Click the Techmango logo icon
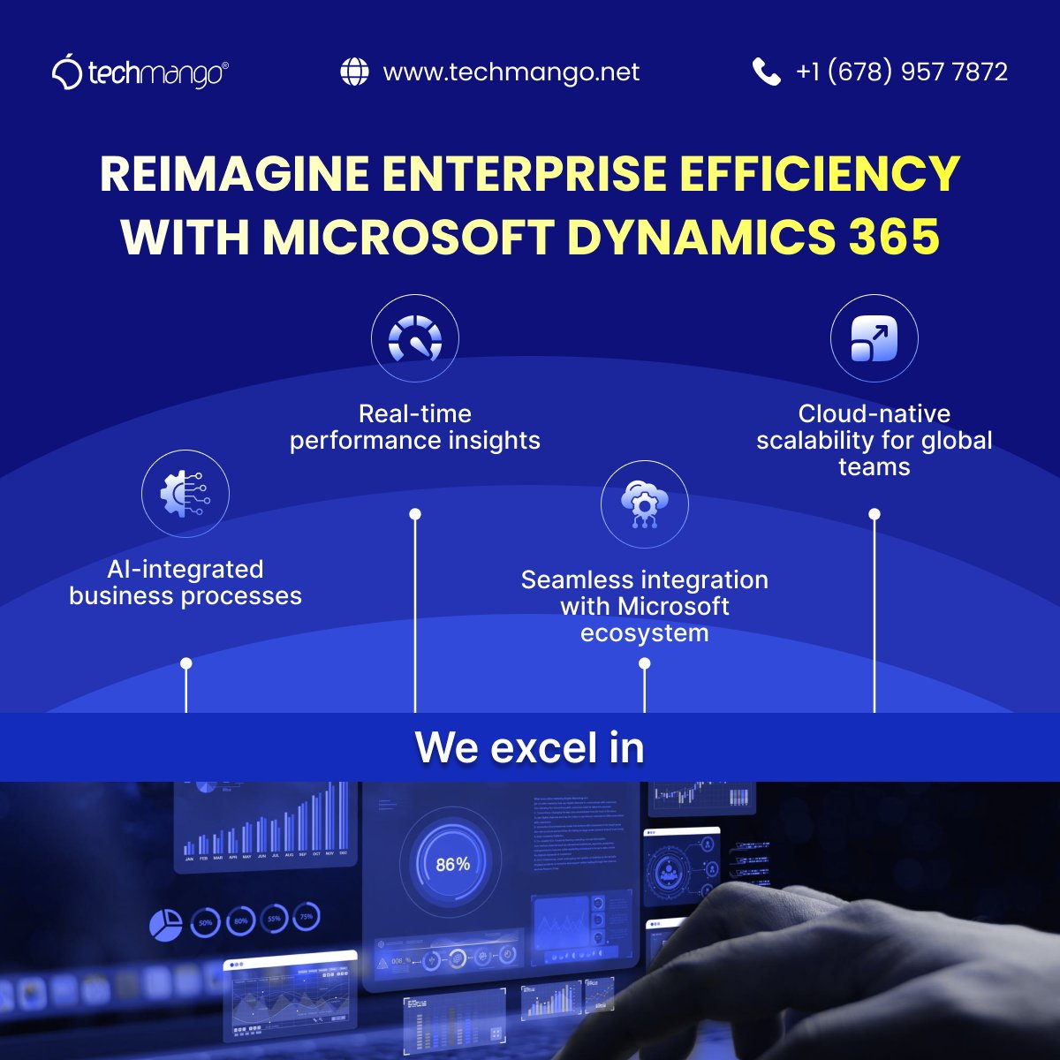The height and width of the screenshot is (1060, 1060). coord(67,72)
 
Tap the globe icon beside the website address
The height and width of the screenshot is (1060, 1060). coord(354,72)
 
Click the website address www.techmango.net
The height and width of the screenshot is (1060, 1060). coord(511,72)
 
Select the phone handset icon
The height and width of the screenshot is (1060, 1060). coord(766,72)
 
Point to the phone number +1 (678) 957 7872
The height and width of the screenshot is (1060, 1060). coord(902,72)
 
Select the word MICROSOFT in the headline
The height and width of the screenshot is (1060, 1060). coord(407,237)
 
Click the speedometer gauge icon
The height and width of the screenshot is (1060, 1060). coord(415,338)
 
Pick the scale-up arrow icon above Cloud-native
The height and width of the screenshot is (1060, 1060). coord(874,338)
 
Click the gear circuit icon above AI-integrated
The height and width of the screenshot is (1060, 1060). coord(185,494)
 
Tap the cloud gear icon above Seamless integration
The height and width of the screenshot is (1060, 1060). coord(644,504)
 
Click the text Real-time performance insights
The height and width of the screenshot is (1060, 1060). coord(415,428)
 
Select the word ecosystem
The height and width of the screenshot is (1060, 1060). coord(645,633)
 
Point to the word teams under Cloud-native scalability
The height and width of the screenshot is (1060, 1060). coord(874,467)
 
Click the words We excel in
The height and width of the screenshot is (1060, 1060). coord(530,747)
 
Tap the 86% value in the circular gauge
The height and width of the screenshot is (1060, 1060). coord(452,864)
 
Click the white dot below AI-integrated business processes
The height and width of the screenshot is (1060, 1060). coord(185,663)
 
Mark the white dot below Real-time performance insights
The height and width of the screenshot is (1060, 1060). coord(415,514)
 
